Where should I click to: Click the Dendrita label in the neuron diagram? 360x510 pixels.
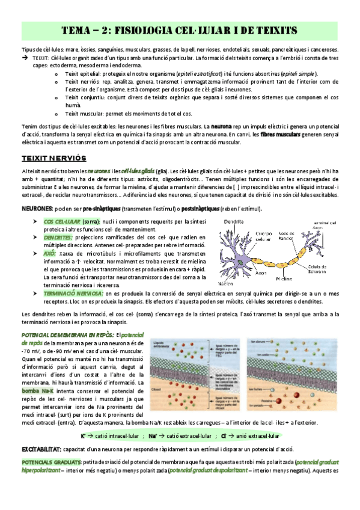click(234, 222)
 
